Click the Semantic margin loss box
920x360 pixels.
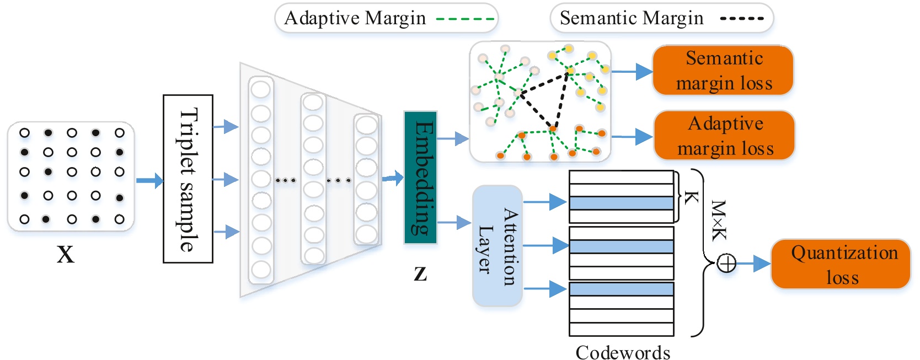coord(723,71)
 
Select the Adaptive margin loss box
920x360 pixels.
coord(724,136)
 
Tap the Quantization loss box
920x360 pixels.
coord(840,264)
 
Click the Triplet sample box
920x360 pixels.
coord(188,179)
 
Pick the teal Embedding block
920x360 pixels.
coord(420,178)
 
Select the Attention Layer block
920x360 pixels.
coord(497,246)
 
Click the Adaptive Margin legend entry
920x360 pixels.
coord(386,18)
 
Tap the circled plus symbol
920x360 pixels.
coord(726,264)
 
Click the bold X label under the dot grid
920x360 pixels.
coord(65,254)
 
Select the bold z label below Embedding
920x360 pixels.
coord(420,272)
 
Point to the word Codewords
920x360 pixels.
coord(623,352)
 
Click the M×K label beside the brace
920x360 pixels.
coord(718,221)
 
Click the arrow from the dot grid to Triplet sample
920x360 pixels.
coord(149,180)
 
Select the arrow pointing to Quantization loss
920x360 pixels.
coord(754,264)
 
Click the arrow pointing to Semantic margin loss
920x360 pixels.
coord(632,71)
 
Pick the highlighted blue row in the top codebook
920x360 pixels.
coord(621,203)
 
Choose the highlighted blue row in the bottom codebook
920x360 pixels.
coord(621,289)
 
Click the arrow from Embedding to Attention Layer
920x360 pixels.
coord(454,223)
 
